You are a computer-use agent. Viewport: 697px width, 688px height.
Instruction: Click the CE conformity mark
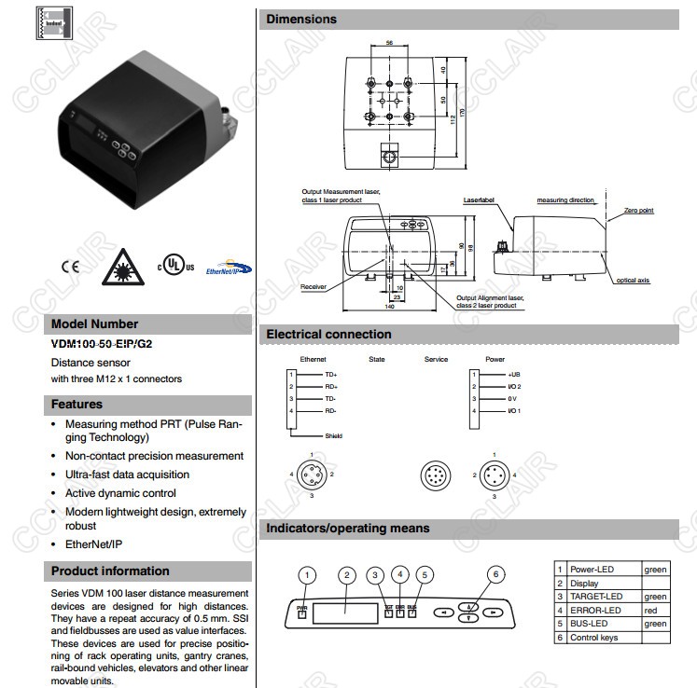tap(70, 266)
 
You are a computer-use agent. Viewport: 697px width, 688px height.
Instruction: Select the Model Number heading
tap(94, 324)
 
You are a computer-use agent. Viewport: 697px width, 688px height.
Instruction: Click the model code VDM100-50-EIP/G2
tap(101, 343)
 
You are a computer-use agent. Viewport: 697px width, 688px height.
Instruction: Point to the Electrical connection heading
tap(328, 334)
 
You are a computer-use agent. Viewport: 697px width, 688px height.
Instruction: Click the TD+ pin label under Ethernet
tap(305, 375)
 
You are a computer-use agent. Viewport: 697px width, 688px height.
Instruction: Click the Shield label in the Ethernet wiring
tap(333, 435)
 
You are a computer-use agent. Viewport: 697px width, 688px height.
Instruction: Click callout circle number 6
tap(495, 574)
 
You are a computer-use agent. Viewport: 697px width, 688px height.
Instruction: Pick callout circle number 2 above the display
tap(346, 574)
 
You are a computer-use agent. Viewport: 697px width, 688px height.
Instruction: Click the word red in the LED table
tap(650, 610)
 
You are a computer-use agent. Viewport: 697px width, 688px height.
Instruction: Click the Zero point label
tap(640, 211)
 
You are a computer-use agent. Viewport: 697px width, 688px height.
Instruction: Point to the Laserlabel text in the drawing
tap(480, 200)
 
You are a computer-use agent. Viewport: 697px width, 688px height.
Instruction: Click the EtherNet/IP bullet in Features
tap(94, 543)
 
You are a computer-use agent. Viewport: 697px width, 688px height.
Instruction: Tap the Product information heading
tap(110, 571)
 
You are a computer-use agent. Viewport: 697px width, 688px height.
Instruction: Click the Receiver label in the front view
tap(314, 287)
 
